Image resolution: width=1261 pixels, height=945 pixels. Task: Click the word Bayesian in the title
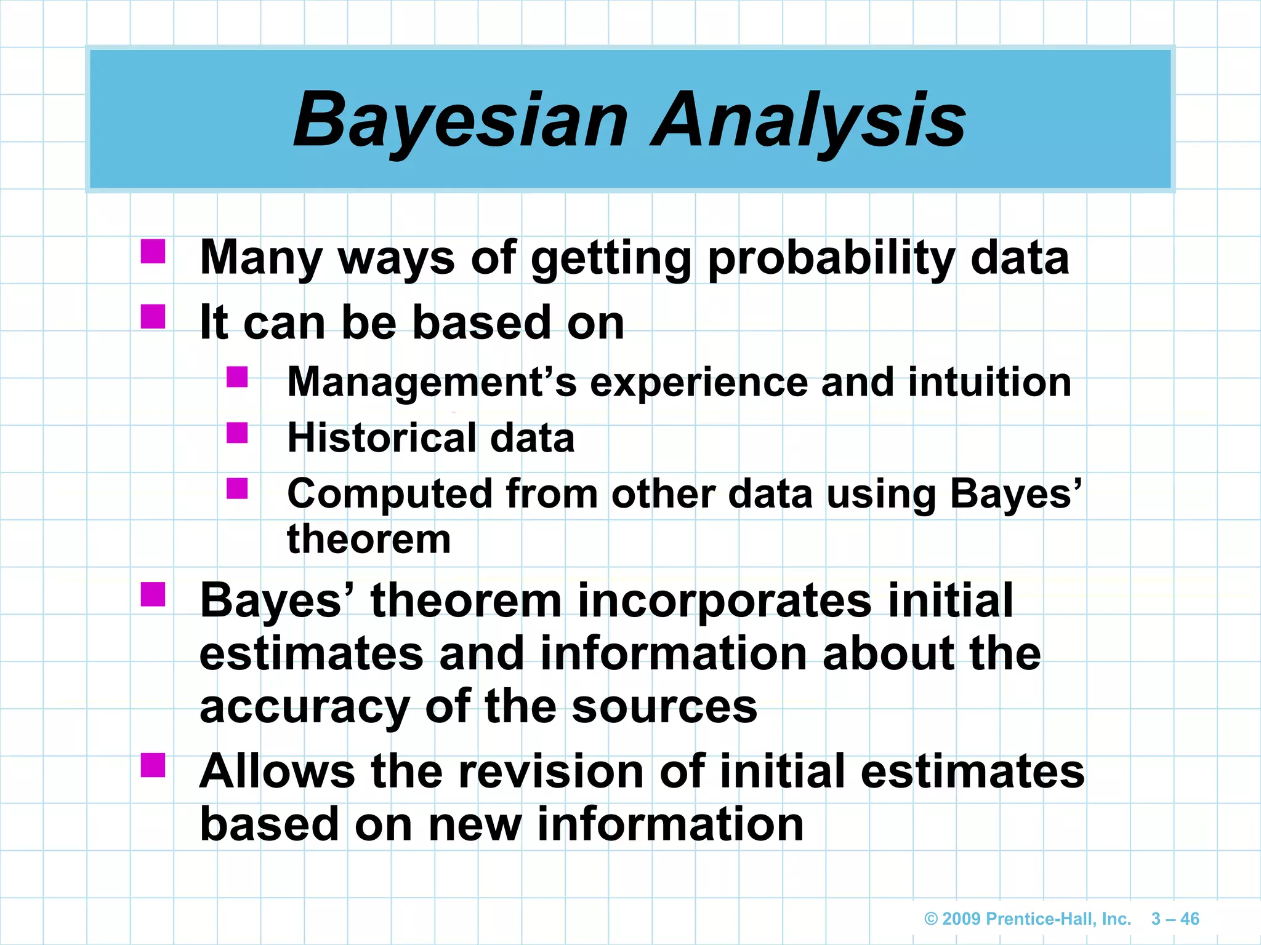click(461, 120)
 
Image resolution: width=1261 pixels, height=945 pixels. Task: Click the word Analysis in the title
click(808, 120)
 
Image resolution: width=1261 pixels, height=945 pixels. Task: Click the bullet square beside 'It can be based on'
click(153, 317)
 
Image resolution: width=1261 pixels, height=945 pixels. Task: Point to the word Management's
click(432, 383)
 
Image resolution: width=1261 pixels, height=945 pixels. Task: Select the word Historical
click(381, 438)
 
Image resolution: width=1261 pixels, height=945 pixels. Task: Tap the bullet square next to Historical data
click(237, 433)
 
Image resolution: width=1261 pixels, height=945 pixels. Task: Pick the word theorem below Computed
click(369, 540)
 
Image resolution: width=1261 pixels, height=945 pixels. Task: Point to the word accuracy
click(304, 708)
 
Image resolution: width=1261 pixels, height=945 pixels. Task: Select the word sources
click(664, 708)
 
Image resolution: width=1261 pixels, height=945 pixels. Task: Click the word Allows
click(278, 771)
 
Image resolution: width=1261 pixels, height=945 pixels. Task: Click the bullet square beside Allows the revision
click(153, 765)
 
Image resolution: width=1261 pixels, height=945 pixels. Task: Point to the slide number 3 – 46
click(1175, 919)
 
